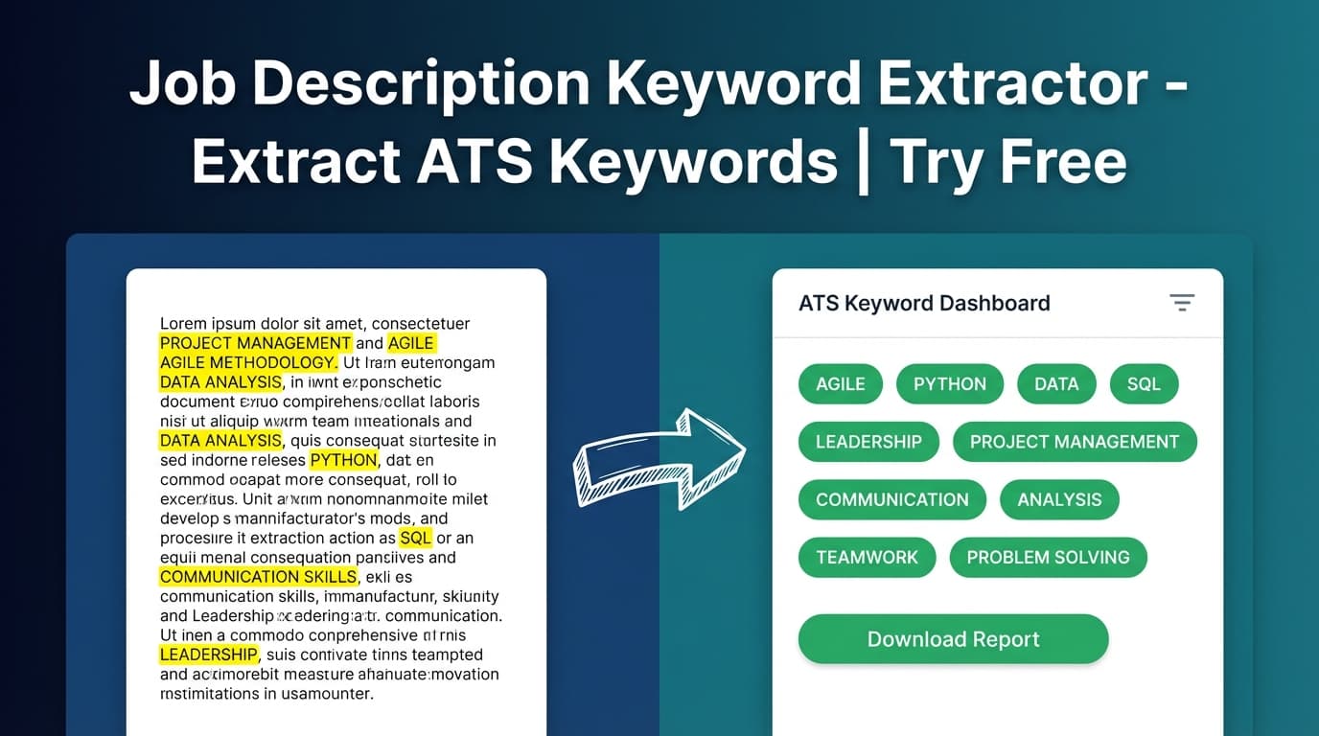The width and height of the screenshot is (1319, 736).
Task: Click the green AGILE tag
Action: coord(840,384)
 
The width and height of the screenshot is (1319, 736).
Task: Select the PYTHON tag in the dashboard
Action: coord(949,384)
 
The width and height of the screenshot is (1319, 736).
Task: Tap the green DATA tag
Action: coord(1056,384)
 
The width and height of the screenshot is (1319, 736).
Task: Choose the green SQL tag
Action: coord(1144,384)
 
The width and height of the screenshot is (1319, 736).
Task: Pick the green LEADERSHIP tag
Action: coord(868,442)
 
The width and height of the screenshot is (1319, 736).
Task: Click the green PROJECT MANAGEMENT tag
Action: coord(1074,442)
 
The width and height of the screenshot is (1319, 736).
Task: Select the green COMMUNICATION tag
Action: coord(891,499)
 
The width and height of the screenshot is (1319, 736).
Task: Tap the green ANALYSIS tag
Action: coord(1059,499)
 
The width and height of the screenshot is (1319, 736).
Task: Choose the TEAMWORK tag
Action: coord(867,557)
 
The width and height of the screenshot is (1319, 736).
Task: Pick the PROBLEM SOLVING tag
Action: coord(1048,557)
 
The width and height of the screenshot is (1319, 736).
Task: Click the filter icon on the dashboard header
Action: coord(1182,303)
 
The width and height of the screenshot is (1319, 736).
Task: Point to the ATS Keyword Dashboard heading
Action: coord(924,304)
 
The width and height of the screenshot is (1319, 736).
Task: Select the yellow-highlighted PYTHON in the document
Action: coord(343,460)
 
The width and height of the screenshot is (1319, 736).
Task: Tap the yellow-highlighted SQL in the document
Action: coord(415,538)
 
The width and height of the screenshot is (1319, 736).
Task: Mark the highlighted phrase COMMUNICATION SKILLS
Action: coord(258,577)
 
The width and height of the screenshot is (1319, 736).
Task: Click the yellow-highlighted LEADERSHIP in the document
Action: coord(208,655)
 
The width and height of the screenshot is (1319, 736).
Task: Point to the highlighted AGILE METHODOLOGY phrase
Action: coord(247,362)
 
